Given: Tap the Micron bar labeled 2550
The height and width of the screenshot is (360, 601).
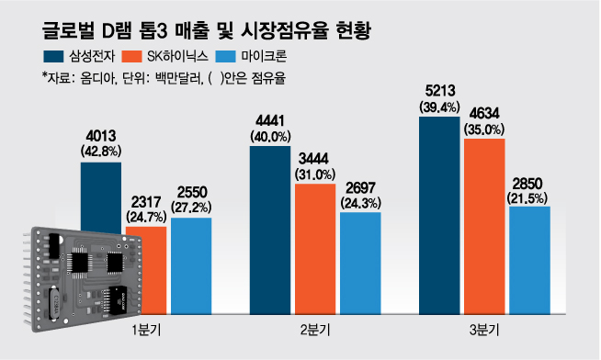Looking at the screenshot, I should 191,266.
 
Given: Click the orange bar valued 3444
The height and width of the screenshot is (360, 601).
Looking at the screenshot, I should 315,248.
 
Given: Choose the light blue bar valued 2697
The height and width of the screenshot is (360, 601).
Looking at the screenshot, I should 360,262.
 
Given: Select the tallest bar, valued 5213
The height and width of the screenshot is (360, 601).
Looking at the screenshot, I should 438,216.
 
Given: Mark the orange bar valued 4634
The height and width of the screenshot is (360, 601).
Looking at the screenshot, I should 484,225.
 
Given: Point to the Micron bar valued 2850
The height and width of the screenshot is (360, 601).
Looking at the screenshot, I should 529,262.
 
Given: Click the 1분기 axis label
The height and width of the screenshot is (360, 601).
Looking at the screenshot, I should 147,328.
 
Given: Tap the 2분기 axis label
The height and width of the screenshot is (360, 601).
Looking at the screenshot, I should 315,328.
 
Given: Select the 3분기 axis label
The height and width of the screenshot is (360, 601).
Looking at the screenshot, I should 484,328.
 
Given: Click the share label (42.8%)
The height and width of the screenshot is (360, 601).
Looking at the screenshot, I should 100,151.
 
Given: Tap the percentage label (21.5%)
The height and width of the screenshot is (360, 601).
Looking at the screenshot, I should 529,197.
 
